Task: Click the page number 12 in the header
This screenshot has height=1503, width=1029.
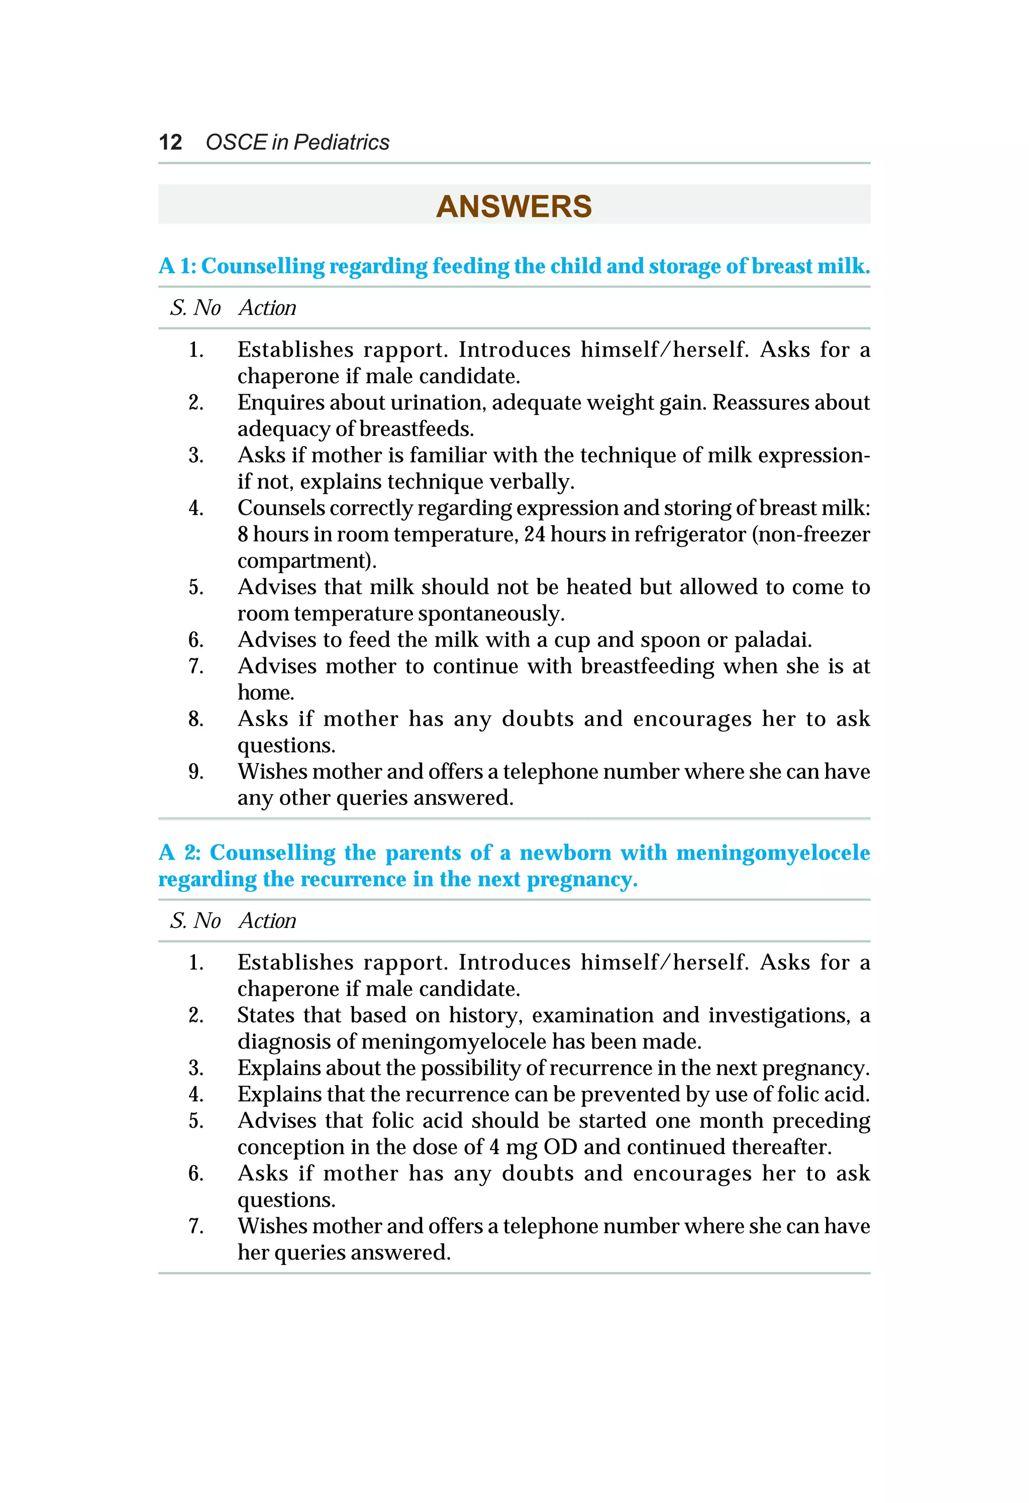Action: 170,142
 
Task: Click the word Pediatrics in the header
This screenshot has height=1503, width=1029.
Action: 341,142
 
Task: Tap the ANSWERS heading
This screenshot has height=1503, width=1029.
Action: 514,206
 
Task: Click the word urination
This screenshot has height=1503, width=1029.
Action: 438,402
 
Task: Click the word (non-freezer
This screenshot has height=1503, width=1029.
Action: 810,534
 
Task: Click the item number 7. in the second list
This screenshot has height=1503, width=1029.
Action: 196,1226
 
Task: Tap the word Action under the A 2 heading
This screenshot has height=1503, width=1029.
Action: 267,920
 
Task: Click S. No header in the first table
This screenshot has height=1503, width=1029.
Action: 195,308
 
